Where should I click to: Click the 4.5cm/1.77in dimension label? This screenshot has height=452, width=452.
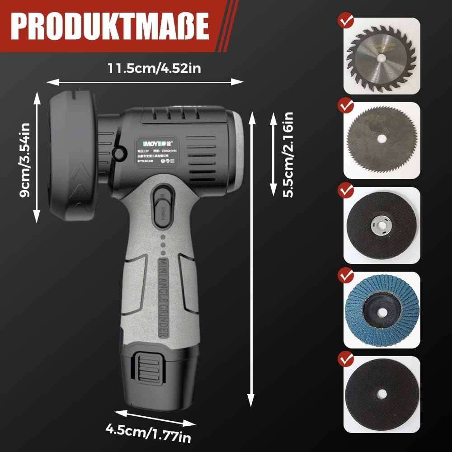click(148, 432)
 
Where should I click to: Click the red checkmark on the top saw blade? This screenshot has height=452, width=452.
click(346, 22)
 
